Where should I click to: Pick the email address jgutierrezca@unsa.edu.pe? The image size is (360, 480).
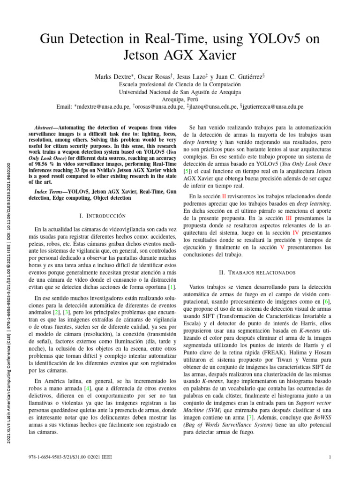pos(273,107)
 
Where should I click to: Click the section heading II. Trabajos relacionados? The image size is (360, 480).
pos(257,272)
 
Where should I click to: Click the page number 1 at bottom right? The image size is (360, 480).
pos(330,457)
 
